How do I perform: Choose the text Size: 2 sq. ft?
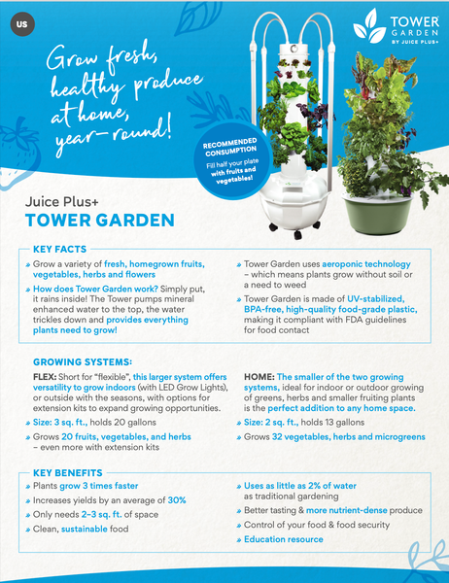point(280,424)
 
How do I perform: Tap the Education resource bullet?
point(285,539)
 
